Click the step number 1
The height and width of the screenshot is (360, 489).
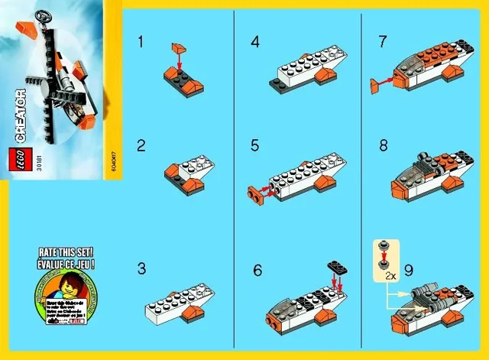(140, 43)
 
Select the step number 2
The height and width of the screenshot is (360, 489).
(141, 145)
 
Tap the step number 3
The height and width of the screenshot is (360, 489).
(141, 268)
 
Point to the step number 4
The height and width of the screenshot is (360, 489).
(255, 43)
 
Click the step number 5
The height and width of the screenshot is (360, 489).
(256, 145)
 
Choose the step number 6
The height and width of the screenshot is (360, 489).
(257, 268)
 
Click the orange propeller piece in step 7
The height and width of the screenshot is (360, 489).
(376, 86)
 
